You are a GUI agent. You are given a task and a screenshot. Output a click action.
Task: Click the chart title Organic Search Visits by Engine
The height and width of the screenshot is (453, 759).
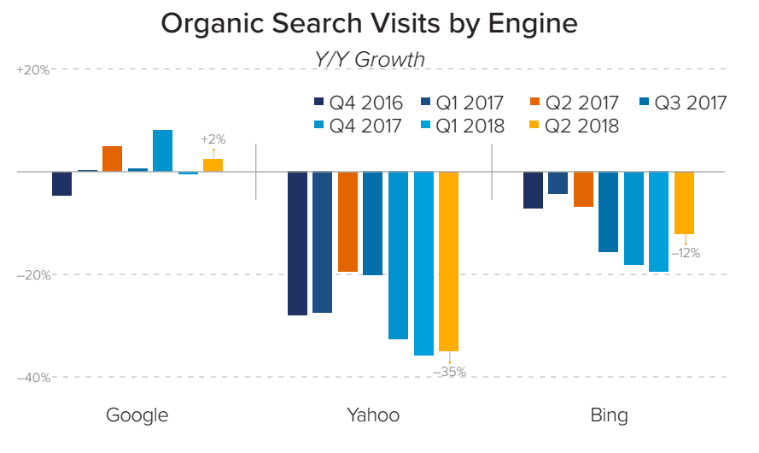[369, 24]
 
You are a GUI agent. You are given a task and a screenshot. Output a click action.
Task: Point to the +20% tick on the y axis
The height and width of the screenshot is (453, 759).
[32, 70]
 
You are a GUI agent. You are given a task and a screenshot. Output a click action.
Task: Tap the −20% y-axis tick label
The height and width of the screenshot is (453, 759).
[32, 275]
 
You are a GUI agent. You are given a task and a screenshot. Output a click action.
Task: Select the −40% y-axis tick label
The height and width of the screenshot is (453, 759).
[32, 377]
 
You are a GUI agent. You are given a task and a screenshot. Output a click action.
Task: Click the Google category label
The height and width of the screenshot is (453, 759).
[137, 415]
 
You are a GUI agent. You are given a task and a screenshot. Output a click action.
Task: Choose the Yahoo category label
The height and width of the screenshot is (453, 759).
[372, 415]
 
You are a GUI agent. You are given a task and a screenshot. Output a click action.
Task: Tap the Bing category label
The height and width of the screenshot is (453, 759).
[609, 415]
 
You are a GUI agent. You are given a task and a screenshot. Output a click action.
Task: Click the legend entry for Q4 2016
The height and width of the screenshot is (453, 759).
[359, 103]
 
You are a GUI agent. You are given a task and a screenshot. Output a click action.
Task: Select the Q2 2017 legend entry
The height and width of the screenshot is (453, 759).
[573, 103]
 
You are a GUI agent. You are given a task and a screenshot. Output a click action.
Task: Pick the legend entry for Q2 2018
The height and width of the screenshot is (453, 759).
[573, 126]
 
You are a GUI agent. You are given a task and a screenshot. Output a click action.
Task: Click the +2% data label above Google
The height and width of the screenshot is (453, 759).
[213, 138]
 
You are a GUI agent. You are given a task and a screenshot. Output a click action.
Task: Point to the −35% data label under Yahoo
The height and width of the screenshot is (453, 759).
[449, 372]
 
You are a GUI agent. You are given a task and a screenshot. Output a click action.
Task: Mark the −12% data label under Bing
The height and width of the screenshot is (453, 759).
[685, 252]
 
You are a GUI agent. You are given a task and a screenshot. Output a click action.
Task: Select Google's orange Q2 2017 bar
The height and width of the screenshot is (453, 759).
[112, 159]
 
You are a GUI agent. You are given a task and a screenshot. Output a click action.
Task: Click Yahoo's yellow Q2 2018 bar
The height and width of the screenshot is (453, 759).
[448, 261]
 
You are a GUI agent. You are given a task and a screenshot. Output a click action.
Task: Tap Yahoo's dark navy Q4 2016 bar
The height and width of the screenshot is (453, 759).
[297, 244]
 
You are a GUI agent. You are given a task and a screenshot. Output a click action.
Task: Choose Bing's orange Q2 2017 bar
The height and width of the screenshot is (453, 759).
[583, 189]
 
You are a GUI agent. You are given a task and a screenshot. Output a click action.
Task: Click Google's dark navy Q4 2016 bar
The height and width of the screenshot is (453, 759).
[61, 184]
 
